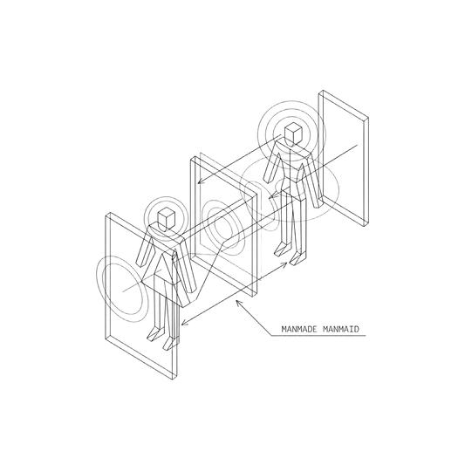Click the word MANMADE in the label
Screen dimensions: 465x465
(299, 329)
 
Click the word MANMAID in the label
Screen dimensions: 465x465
(340, 329)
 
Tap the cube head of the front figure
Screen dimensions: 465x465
(167, 219)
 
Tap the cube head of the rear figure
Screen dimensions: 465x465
(294, 134)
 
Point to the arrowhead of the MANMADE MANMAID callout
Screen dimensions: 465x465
(239, 304)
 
